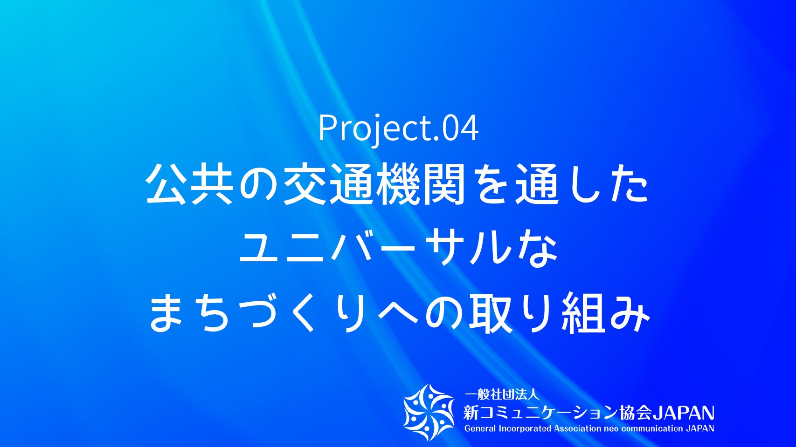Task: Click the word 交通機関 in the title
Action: [374, 184]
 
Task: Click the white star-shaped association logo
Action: [429, 412]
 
